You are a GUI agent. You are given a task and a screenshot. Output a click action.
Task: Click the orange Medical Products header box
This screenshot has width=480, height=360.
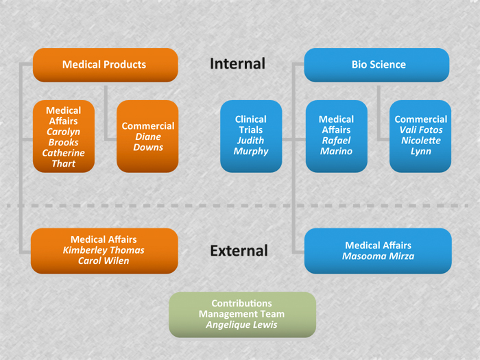point(104,65)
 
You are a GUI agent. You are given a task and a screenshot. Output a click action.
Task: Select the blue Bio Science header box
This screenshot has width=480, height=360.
point(378,65)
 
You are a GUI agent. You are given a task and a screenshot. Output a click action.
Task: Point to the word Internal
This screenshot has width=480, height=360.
point(237,64)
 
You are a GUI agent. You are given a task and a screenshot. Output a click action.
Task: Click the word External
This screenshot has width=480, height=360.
point(239,251)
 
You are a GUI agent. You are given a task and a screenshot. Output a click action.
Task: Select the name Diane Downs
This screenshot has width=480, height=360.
point(148,142)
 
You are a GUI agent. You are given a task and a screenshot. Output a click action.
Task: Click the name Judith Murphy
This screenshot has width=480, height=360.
point(251,146)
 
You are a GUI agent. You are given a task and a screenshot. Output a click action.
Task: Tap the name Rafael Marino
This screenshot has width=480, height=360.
point(336,146)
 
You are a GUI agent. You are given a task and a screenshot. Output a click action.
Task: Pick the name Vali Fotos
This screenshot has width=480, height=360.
point(421,130)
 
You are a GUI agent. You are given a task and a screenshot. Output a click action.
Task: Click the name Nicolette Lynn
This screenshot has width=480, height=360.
point(421,146)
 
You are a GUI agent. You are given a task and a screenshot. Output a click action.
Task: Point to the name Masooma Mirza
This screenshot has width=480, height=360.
point(378,256)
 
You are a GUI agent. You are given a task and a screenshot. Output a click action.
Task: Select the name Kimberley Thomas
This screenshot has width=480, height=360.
point(104,250)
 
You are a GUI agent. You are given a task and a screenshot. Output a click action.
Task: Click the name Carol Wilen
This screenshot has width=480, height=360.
point(104,261)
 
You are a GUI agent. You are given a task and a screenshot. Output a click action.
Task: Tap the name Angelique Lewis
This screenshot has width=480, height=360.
point(242,325)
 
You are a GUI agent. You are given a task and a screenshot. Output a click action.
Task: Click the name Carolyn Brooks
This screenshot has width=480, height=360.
point(64,137)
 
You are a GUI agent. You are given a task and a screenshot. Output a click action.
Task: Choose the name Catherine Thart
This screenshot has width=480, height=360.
point(64,158)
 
